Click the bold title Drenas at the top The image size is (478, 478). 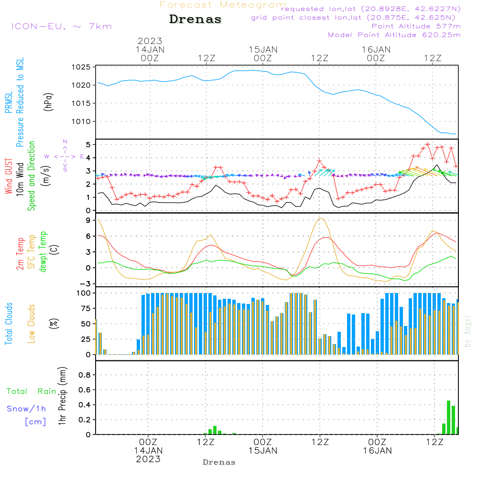(196, 20)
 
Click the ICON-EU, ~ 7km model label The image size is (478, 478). (62, 26)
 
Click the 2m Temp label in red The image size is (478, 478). (20, 253)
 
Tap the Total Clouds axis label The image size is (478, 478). (9, 324)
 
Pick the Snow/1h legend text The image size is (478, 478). (26, 409)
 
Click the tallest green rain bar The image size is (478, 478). (448, 417)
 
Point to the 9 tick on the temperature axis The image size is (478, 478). (88, 220)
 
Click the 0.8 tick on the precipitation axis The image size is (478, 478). (85, 375)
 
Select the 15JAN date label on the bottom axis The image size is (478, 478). (262, 451)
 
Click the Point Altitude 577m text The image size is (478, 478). (416, 26)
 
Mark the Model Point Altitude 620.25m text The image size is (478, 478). (394, 35)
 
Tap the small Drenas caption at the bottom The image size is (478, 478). (219, 462)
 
